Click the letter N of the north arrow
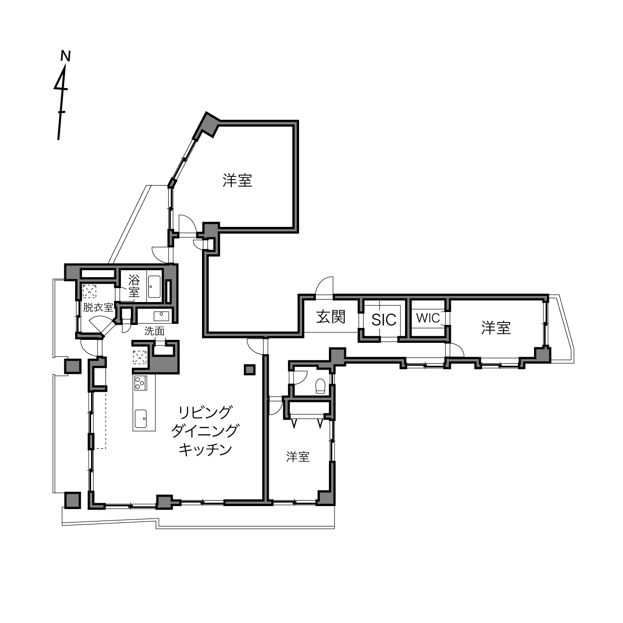tap(66, 56)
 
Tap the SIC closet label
tap(384, 320)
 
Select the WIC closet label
tap(428, 318)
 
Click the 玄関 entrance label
tap(331, 317)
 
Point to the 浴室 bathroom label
tap(134, 286)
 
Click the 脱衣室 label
tap(98, 308)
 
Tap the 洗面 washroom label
tap(154, 331)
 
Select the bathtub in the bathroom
tap(155, 287)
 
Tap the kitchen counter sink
tap(141, 418)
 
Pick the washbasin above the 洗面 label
tap(161, 316)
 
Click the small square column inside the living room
tap(250, 370)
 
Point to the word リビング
tap(206, 412)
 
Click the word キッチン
tap(206, 450)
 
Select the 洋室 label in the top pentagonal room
tap(237, 181)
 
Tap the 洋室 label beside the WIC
tap(496, 328)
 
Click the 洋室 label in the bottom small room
tap(298, 457)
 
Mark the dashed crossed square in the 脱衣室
tap(90, 291)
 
